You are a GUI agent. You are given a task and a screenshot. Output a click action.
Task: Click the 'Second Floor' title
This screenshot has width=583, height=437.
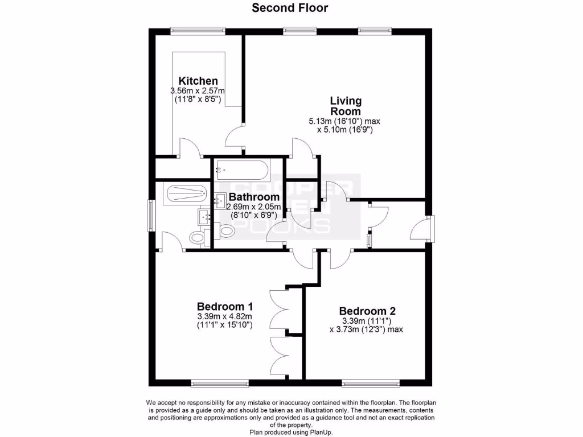coord(290,8)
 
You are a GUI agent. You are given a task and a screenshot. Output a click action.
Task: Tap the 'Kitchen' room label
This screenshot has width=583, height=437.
coord(198,81)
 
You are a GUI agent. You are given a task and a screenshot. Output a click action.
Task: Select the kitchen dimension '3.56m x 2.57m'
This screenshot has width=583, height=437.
coord(198,90)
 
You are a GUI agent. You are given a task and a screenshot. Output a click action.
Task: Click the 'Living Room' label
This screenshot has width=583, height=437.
coord(346,106)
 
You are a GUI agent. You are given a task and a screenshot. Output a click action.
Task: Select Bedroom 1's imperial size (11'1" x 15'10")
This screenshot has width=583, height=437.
coord(224,325)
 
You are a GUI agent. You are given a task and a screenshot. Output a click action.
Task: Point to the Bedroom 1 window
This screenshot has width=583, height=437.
coord(219,382)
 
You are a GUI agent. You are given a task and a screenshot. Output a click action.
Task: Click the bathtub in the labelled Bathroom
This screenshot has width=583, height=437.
coord(242,168)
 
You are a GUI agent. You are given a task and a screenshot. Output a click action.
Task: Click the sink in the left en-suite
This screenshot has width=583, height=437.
coord(204,216)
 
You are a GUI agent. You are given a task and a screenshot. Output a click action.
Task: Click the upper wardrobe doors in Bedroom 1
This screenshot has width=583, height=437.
coord(279,307)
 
